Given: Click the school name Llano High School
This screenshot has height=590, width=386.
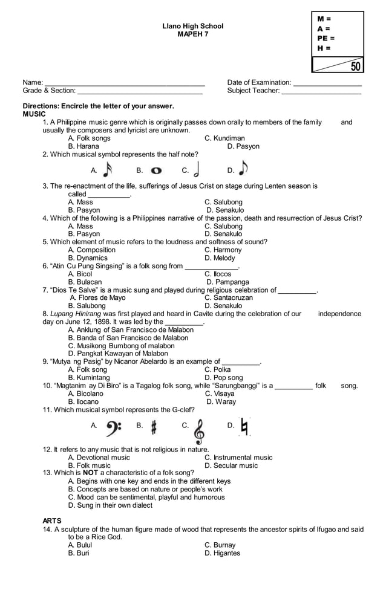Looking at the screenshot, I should tap(192, 26).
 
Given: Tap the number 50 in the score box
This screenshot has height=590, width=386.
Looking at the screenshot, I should tap(355, 66).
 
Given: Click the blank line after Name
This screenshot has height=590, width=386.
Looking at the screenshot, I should tap(125, 83).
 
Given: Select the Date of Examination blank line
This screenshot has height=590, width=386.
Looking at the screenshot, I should tap(327, 83).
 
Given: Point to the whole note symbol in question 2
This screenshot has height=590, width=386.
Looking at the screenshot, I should tap(155, 171).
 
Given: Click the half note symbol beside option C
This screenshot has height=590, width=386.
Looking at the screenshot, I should tap(199, 169).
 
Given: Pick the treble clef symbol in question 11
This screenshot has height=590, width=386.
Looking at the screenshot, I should tap(199, 430).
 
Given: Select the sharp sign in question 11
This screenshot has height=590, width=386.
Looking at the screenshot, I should tap(154, 427).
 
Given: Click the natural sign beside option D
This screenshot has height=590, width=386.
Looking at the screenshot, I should tap(244, 426).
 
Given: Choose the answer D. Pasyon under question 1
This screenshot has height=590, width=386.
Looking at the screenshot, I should tap(243, 146).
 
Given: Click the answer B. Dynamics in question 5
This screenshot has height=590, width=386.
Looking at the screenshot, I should tap(88, 258).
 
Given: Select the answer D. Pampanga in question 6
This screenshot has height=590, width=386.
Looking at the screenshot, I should tap(227, 282).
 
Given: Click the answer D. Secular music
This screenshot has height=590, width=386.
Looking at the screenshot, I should tap(231, 465).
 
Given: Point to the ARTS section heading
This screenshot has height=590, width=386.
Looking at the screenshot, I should tap(51, 520).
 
